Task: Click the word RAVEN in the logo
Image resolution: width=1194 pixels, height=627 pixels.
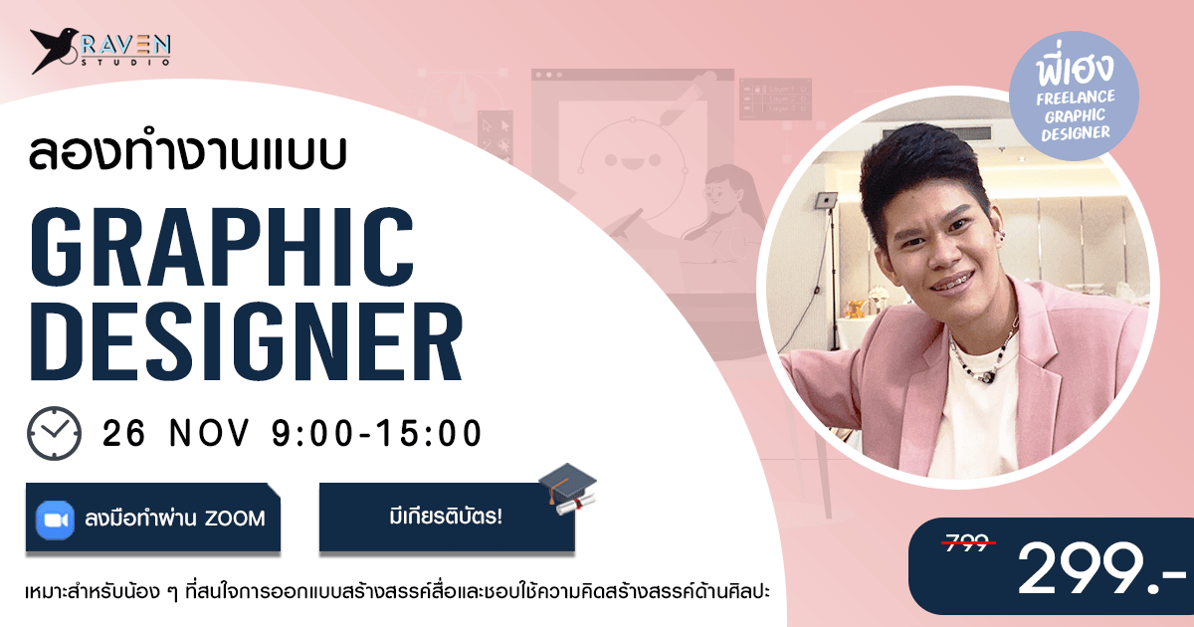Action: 125,46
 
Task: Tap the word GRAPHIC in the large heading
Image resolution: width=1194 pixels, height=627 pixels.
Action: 222,247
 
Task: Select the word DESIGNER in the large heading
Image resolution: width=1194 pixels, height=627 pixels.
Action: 246,341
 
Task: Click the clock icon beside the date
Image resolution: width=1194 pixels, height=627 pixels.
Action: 55,433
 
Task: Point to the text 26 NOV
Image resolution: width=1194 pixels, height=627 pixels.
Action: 176,432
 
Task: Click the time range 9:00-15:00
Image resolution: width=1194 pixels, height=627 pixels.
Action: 377,432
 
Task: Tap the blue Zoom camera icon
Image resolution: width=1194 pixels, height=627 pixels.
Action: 55,520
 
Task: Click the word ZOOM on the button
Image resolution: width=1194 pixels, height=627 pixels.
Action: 235,519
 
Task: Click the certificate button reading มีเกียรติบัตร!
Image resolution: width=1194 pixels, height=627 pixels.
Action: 447,517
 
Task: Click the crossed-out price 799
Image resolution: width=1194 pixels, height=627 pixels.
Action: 968,542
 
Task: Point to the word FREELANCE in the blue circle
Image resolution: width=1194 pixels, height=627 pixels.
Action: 1076,98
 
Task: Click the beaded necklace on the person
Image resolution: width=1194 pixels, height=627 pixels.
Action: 984,354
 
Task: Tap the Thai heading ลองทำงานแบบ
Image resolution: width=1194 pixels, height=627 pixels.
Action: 188,152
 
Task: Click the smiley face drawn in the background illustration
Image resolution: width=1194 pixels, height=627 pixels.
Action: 632,159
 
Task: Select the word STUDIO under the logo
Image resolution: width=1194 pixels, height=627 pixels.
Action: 125,63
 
